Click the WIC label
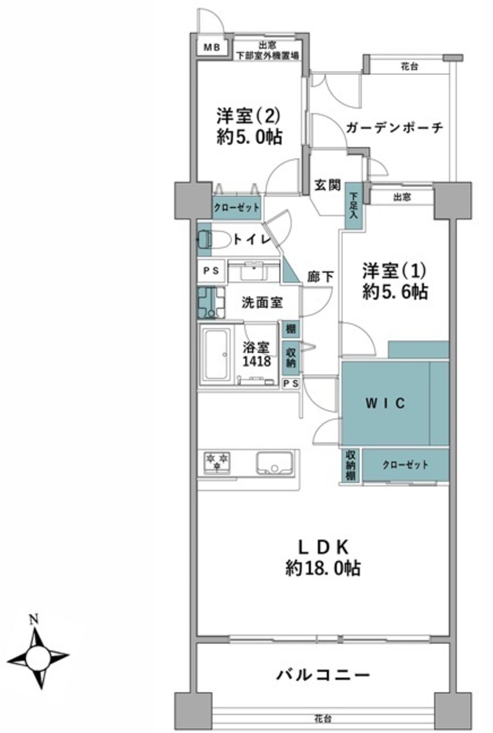click(385, 403)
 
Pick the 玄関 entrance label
click(327, 186)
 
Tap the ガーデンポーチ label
click(395, 127)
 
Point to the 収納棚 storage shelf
click(350, 465)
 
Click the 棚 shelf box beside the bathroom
click(291, 329)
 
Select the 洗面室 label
click(262, 303)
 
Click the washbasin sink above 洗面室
click(254, 271)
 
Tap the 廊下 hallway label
click(321, 277)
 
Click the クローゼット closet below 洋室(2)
click(236, 207)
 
